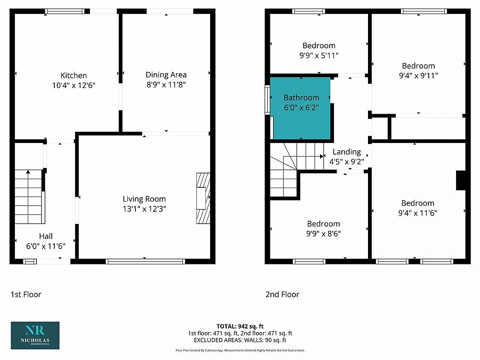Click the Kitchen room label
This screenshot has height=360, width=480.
[74, 75]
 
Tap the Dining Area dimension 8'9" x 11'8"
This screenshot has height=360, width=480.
[166, 84]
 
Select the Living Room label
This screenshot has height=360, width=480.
[144, 199]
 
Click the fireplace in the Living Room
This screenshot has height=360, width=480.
[203, 198]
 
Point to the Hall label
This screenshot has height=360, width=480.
[45, 236]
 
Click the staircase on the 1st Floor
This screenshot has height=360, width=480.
[28, 196]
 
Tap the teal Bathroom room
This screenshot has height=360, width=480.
[301, 108]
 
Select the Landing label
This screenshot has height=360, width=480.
[347, 152]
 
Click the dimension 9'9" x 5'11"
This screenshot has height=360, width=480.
[319, 55]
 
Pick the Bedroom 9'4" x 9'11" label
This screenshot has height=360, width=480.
[418, 66]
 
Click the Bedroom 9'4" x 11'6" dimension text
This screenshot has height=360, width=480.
[418, 213]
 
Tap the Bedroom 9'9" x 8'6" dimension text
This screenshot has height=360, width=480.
[323, 233]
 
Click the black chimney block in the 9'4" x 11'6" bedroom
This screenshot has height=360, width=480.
[461, 180]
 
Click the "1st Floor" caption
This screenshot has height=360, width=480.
[26, 294]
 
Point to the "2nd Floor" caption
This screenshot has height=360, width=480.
[282, 294]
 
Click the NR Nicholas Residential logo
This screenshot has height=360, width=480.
[35, 335]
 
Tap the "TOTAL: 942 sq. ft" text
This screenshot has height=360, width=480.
[240, 326]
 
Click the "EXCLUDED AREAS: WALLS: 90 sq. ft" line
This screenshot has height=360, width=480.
[240, 340]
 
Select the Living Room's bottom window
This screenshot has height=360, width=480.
[145, 261]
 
